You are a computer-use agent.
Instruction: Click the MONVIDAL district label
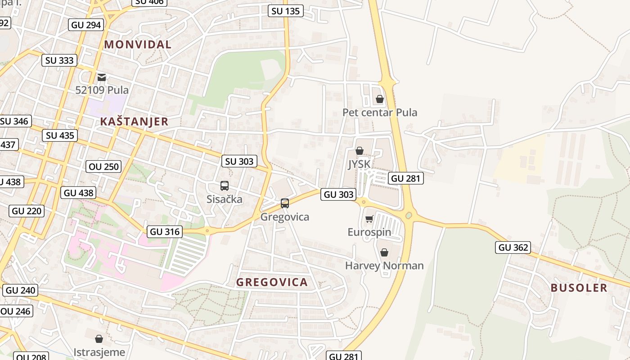(x=138, y=45)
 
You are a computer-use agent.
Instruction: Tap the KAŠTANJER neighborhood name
(x=134, y=121)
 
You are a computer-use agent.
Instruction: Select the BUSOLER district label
(x=579, y=288)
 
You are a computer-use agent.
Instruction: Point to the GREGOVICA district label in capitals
(x=272, y=283)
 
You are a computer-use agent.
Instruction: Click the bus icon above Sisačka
(x=224, y=186)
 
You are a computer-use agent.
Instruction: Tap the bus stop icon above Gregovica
(x=284, y=203)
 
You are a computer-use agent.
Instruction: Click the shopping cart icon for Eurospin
(x=369, y=219)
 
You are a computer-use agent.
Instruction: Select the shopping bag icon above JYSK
(x=359, y=151)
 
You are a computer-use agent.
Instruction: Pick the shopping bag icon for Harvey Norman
(x=384, y=252)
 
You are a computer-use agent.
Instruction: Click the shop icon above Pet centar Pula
(x=380, y=99)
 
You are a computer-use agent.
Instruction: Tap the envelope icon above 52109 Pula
(x=102, y=77)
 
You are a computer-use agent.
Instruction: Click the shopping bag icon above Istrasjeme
(x=99, y=339)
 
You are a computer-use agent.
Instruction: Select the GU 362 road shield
(x=513, y=247)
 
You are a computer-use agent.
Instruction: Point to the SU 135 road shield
(x=286, y=11)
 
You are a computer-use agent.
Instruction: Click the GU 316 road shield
(x=165, y=232)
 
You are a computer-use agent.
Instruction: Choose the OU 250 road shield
(x=104, y=166)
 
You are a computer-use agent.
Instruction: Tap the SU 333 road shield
(x=60, y=60)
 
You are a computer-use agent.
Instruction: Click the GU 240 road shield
(x=21, y=290)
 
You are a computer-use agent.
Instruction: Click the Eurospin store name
(x=369, y=233)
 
